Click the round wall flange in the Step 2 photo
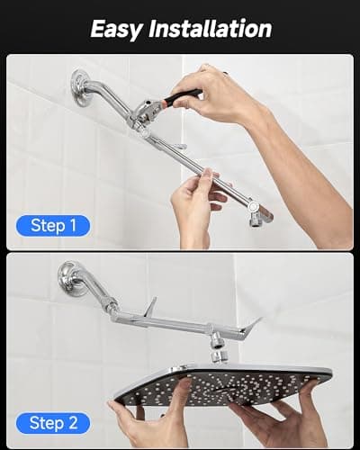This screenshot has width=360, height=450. point(71,277)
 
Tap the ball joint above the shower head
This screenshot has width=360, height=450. point(217,343)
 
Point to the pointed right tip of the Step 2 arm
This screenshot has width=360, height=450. point(256,322)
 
